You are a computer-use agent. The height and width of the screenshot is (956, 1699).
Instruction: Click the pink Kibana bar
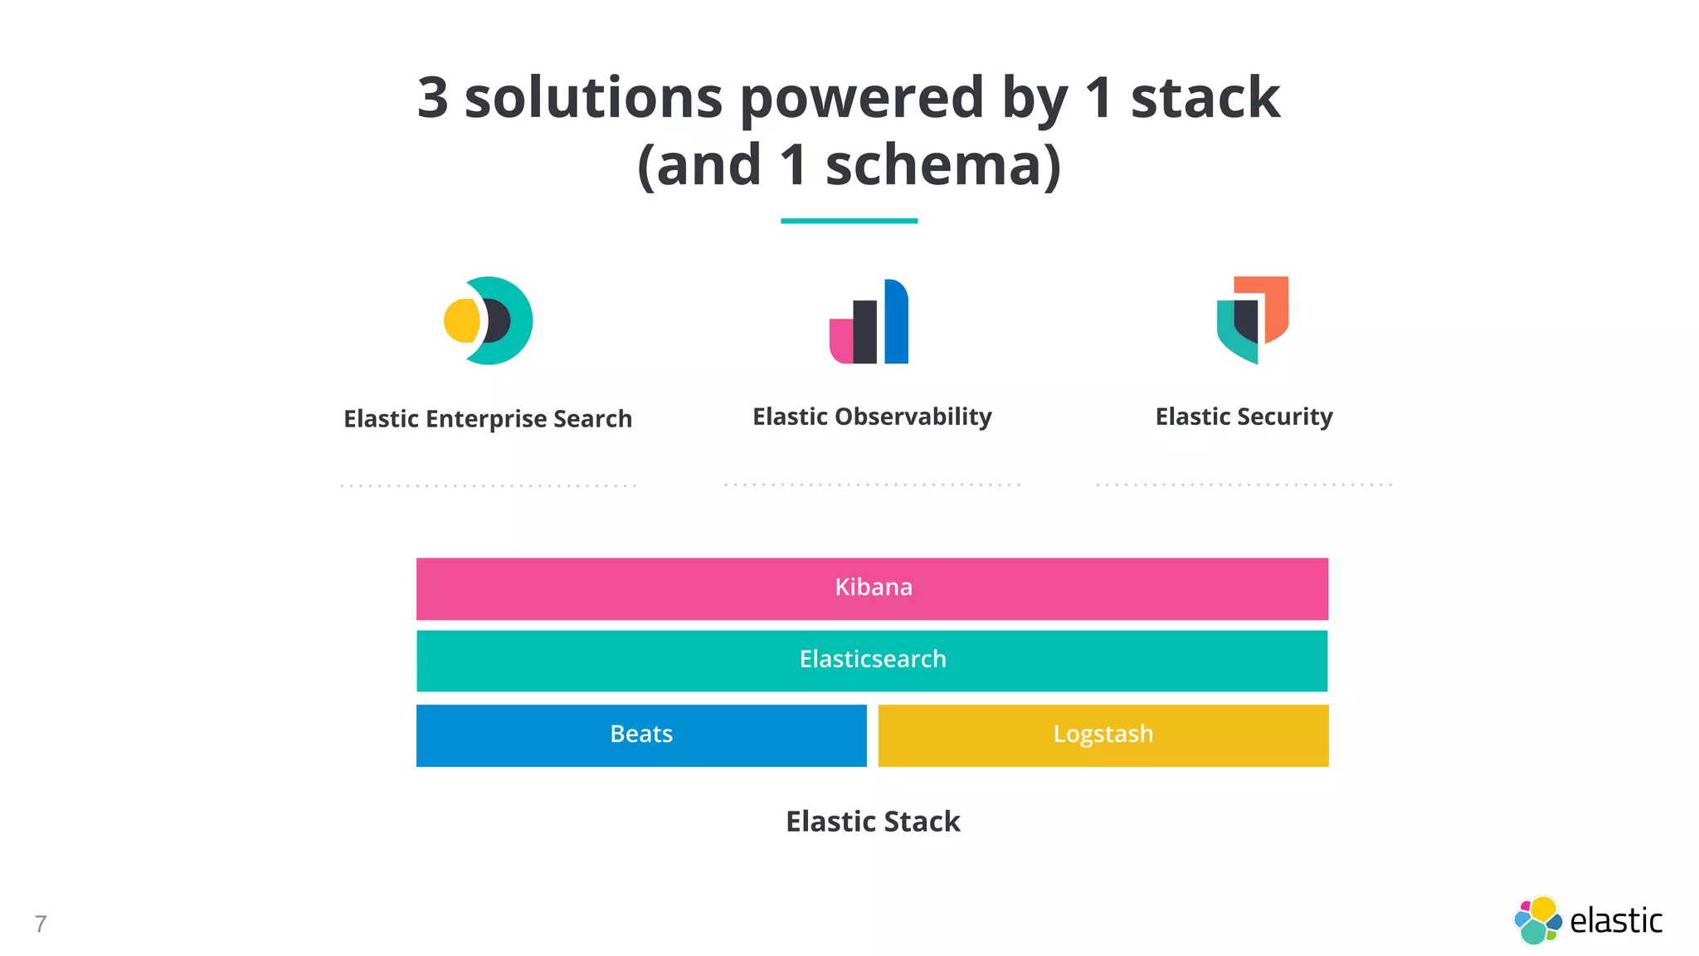pyautogui.click(x=872, y=588)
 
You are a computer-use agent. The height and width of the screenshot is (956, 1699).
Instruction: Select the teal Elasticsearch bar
pyautogui.click(x=872, y=661)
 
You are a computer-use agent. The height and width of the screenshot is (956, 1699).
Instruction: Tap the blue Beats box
pyautogui.click(x=641, y=735)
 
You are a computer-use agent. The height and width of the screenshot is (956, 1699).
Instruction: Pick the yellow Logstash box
pyautogui.click(x=1103, y=735)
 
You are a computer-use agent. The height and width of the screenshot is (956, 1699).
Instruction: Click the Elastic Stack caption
pyautogui.click(x=873, y=822)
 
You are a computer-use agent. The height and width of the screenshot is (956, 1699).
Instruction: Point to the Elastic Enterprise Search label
pyautogui.click(x=488, y=419)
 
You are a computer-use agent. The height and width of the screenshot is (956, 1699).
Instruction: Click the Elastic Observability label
pyautogui.click(x=872, y=417)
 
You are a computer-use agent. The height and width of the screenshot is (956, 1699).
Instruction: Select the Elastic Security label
pyautogui.click(x=1244, y=417)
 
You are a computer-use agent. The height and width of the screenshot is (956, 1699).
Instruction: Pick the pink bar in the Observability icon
pyautogui.click(x=840, y=342)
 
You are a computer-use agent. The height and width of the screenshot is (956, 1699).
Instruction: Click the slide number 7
pyautogui.click(x=41, y=924)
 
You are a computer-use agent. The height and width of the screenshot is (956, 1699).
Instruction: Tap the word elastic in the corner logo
pyautogui.click(x=1616, y=921)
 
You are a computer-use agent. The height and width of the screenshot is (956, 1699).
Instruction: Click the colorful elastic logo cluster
pyautogui.click(x=1537, y=920)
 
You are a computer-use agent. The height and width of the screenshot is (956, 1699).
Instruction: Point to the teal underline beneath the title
pyautogui.click(x=849, y=221)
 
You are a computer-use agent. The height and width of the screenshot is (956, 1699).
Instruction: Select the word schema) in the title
pyautogui.click(x=943, y=166)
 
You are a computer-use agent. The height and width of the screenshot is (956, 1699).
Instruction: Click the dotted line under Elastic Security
pyautogui.click(x=1244, y=485)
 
